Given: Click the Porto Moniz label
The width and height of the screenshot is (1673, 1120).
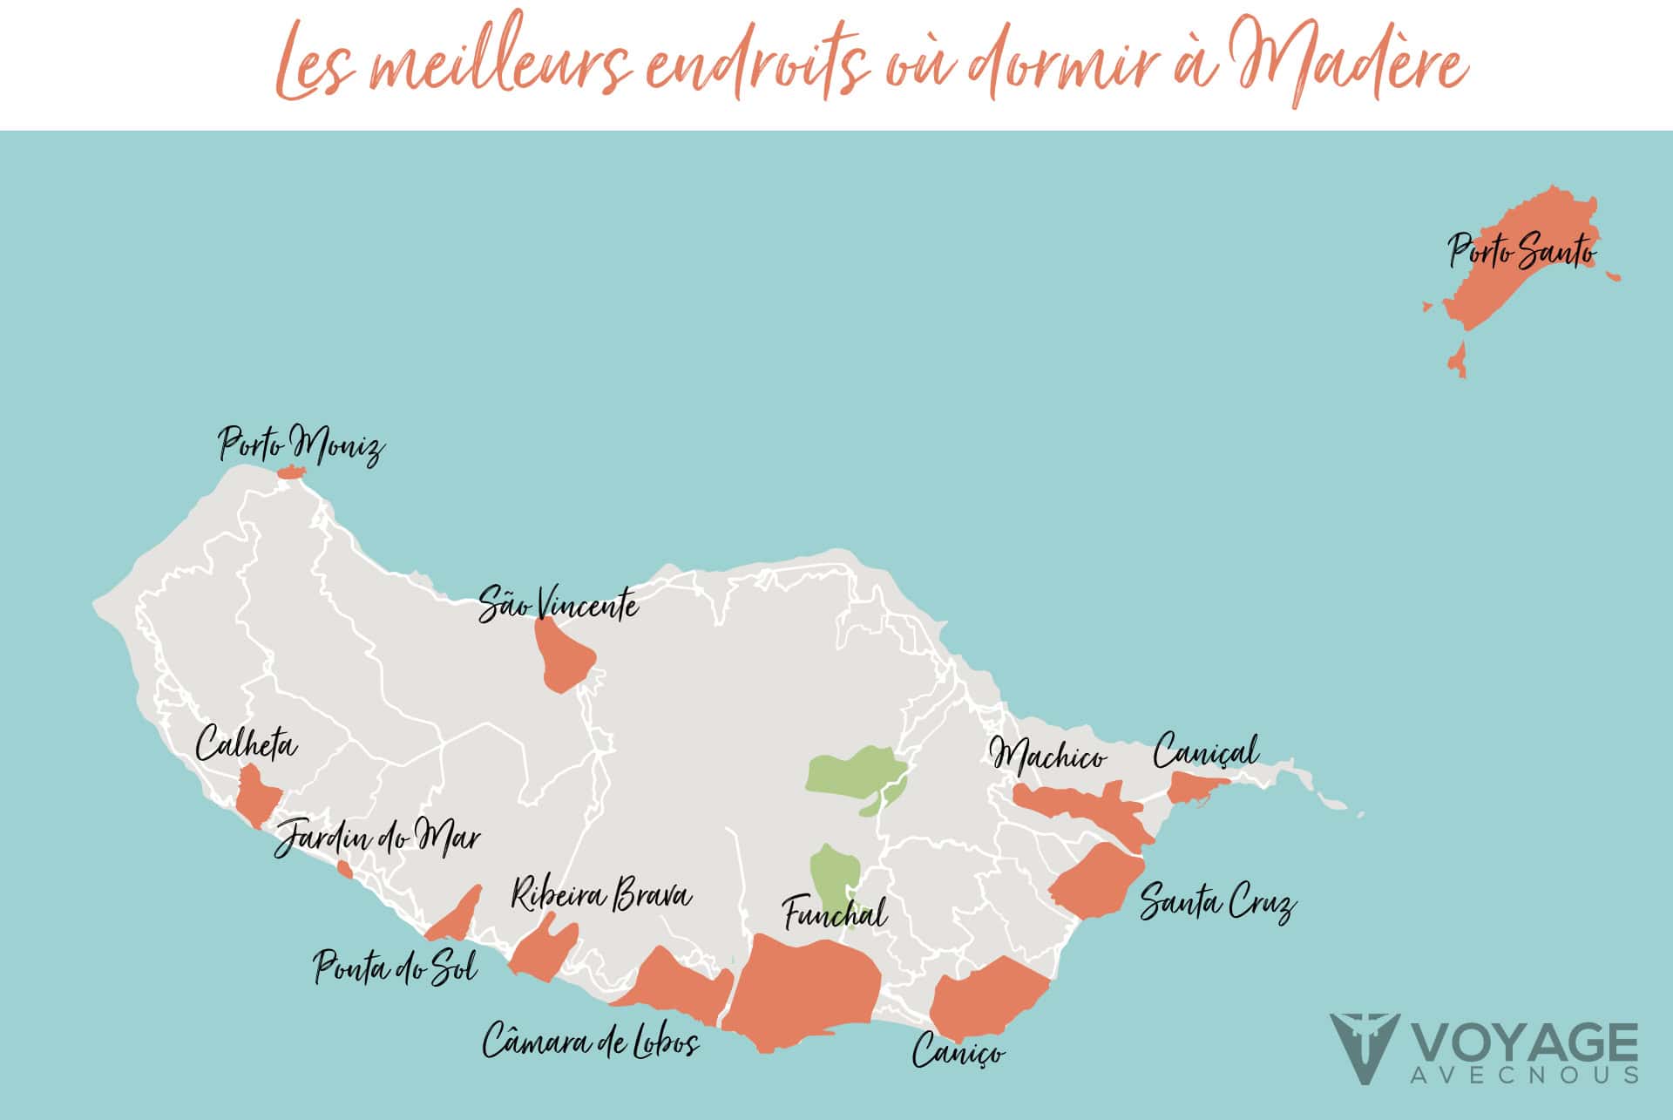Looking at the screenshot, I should [301, 445].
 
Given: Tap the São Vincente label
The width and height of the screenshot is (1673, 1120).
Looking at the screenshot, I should [558, 603].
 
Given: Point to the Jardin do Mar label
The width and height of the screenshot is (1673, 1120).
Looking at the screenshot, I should [377, 838].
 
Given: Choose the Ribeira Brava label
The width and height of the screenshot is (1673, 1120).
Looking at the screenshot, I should [600, 896].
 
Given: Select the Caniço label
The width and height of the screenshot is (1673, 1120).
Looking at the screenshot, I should [958, 1051].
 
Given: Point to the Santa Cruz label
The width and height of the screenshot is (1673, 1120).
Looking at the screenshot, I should [1217, 902].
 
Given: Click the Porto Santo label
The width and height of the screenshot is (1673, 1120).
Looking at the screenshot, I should [1521, 251].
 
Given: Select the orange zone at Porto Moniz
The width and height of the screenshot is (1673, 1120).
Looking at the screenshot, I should [289, 472].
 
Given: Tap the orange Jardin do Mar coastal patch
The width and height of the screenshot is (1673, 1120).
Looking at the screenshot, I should [345, 870].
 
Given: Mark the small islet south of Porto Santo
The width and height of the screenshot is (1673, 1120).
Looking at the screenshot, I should [1458, 359].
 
